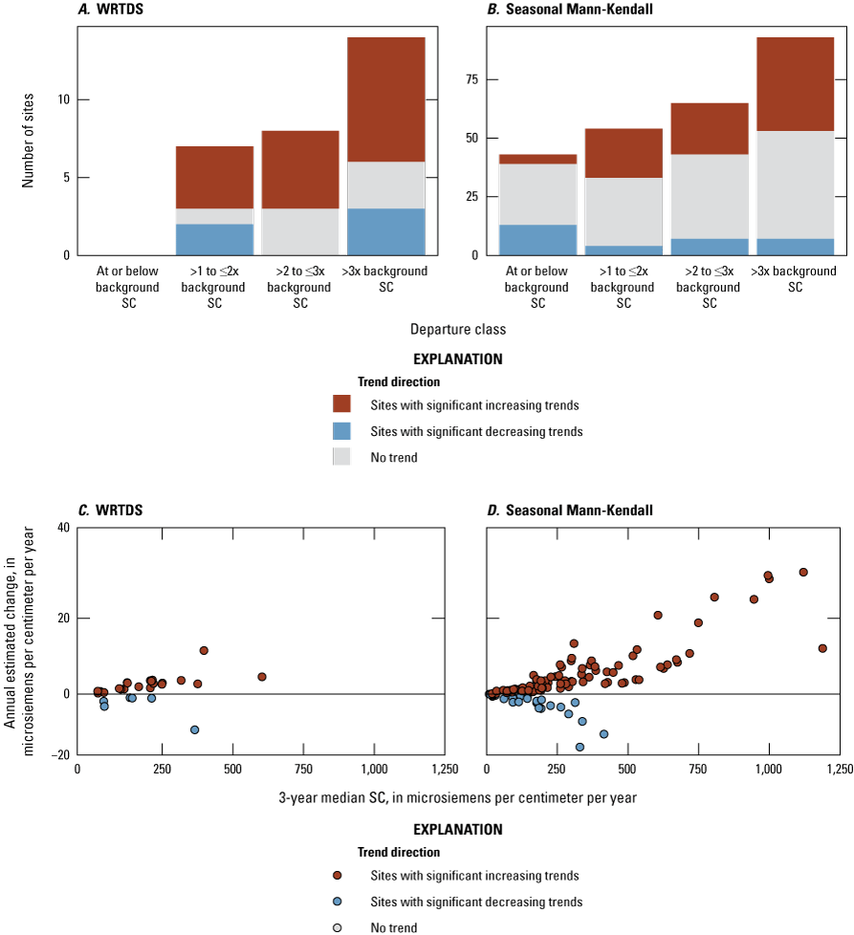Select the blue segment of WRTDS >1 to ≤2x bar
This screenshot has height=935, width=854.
coord(214,239)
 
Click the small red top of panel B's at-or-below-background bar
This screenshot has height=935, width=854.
coord(537,159)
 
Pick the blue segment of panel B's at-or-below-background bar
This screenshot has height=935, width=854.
coord(537,240)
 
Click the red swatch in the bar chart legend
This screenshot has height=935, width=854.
coord(341,404)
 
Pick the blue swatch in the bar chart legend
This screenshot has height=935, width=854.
coord(341,431)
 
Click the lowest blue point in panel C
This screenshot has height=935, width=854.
coord(195,729)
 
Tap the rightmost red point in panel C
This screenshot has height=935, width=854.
coord(262,677)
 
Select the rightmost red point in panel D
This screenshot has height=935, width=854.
coord(822,648)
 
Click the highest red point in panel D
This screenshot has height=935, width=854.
coord(803,572)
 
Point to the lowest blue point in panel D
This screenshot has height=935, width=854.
coord(580,747)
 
